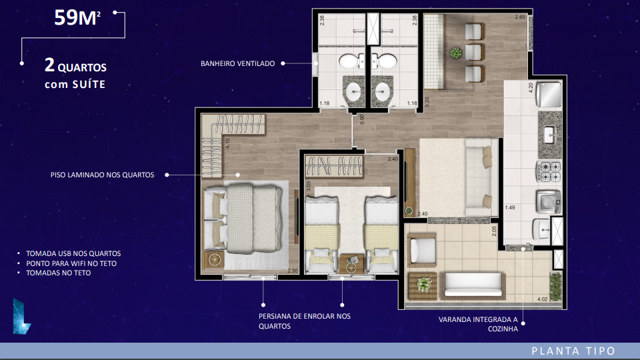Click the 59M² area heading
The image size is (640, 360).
77,17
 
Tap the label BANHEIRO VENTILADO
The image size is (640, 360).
237,63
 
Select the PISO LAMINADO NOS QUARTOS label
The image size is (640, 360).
102,175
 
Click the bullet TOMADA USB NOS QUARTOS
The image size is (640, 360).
73,253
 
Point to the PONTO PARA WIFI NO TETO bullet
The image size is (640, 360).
71,263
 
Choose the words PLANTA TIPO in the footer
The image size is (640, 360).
573,351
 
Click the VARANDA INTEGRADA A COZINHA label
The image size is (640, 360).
478,324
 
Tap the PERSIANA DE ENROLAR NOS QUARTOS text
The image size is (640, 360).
305,321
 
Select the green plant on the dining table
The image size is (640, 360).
456,53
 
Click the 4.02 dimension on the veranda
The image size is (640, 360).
543,299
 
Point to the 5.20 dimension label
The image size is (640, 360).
427,101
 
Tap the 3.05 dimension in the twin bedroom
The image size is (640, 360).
309,186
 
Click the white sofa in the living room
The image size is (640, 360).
479,177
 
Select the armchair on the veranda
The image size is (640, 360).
421,250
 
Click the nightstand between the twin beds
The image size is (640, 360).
351,263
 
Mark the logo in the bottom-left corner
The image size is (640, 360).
21,316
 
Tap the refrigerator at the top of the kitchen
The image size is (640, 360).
549,95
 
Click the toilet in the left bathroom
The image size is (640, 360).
352,61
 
